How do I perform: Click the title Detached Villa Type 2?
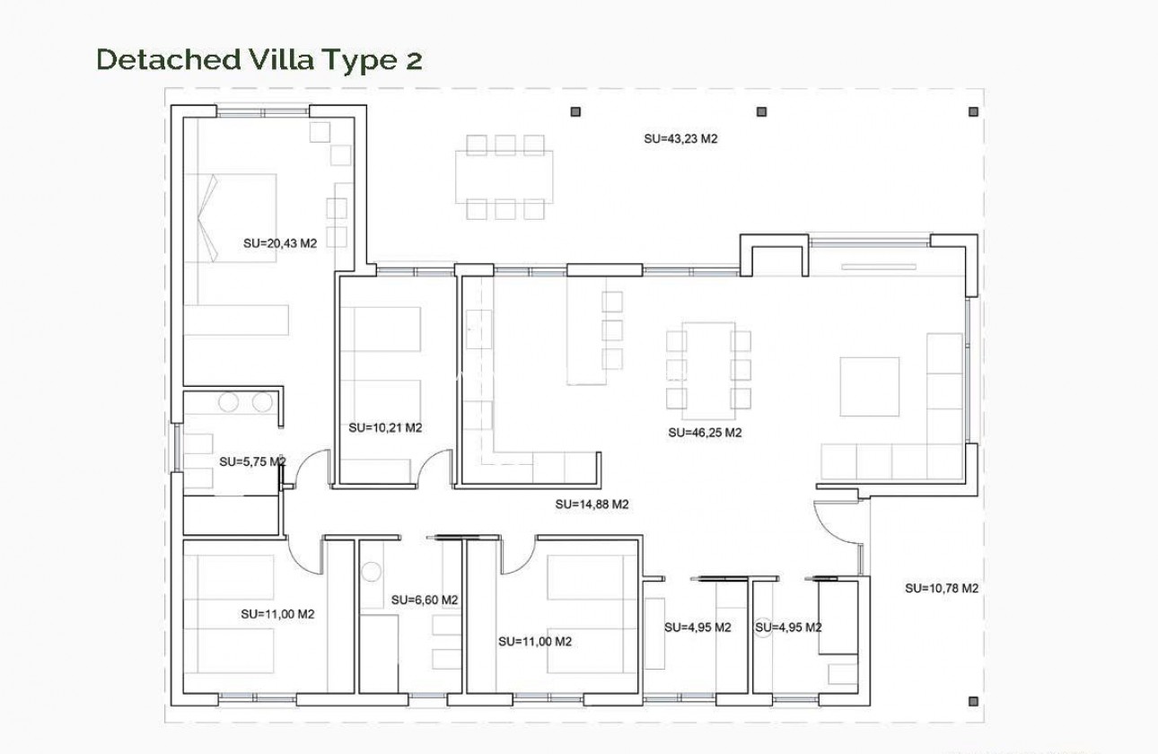click(259, 59)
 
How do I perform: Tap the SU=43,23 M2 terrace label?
click(682, 139)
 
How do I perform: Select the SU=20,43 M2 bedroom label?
click(281, 242)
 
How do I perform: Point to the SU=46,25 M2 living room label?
click(705, 433)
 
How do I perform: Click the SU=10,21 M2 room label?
click(385, 428)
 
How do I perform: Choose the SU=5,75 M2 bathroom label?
click(252, 462)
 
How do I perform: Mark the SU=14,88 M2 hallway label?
click(592, 504)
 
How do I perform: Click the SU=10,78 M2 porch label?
click(941, 589)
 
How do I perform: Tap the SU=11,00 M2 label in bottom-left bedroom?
click(277, 615)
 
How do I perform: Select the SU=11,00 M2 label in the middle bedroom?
click(535, 642)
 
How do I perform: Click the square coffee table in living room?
click(869, 386)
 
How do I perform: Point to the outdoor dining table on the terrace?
click(504, 177)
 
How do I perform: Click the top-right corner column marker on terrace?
click(973, 112)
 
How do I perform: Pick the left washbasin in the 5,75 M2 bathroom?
click(230, 403)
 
